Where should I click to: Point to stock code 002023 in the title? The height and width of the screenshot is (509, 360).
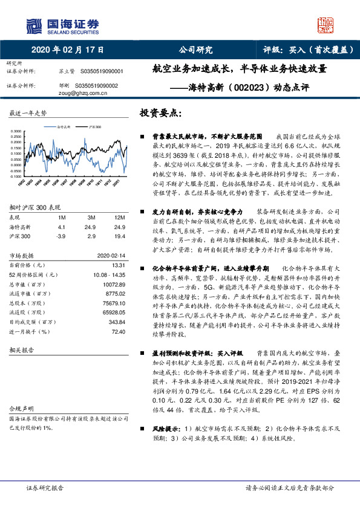(246, 86)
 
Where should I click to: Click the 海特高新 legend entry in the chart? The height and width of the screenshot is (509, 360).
(64, 127)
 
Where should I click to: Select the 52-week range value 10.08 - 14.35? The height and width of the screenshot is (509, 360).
(109, 274)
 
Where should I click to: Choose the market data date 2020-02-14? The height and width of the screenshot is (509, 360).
(111, 256)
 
